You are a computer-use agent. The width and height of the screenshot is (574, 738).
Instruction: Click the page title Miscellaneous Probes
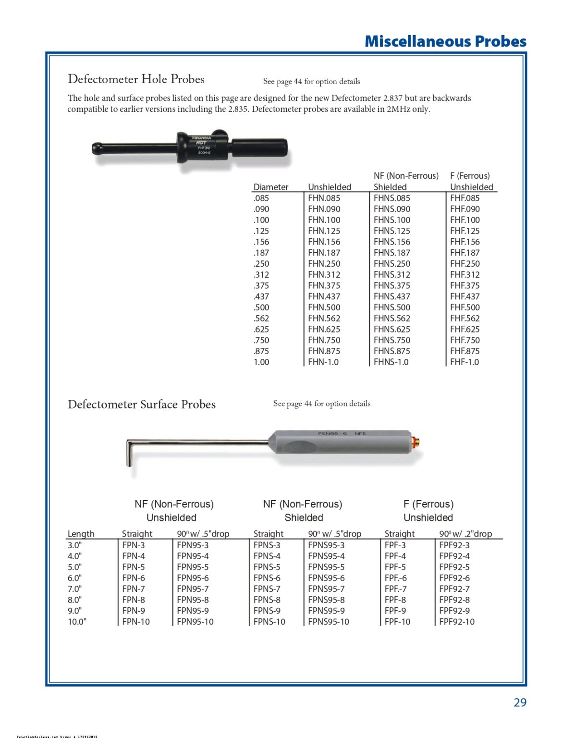[445, 41]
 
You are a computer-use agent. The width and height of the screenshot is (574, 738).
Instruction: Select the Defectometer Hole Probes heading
[136, 79]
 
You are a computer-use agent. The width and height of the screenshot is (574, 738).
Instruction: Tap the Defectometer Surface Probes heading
[142, 405]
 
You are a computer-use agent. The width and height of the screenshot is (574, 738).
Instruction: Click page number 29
[520, 702]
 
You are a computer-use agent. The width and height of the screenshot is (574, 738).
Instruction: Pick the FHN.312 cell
[324, 275]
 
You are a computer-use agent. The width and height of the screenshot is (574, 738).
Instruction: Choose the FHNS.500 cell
[392, 307]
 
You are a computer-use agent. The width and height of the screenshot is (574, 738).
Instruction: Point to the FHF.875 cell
[464, 351]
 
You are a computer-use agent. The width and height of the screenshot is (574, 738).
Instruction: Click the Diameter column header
[271, 187]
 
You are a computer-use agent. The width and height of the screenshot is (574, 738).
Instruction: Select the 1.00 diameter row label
[261, 362]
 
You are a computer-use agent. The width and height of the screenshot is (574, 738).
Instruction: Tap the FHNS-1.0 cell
[391, 362]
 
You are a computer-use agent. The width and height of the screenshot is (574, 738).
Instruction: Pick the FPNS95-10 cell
[329, 622]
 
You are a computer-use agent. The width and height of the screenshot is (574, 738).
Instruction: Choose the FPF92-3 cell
[454, 545]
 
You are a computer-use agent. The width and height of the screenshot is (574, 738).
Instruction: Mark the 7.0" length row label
[74, 589]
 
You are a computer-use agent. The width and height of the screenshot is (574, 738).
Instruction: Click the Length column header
[81, 534]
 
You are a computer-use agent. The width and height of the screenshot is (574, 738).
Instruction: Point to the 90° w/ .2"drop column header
[465, 534]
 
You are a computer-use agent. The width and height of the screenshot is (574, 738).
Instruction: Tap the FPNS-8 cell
[267, 600]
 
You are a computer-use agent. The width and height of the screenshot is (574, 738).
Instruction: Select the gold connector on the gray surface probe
[417, 441]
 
